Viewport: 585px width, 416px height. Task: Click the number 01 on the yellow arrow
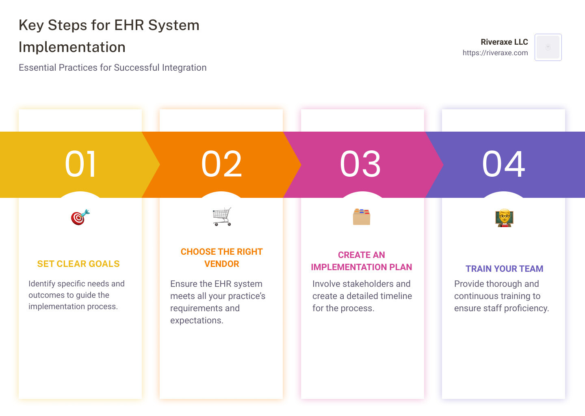pos(80,164)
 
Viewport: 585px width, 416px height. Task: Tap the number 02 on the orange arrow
pos(221,164)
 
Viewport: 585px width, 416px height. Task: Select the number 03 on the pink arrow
pos(360,164)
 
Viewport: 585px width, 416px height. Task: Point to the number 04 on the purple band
pos(503,164)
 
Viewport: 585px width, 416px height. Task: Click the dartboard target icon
pos(80,217)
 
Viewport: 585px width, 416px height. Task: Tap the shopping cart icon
pos(222,217)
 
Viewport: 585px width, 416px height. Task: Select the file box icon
pos(362,217)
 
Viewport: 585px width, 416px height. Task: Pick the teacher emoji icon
pos(504,217)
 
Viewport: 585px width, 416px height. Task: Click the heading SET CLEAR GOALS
pos(78,264)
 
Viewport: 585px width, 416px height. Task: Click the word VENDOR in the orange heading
pos(222,264)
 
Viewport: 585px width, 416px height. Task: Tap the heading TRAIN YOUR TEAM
pos(504,269)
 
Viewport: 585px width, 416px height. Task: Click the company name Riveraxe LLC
pos(504,42)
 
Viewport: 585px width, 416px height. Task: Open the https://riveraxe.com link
pos(495,53)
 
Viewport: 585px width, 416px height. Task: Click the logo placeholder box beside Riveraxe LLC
pos(548,47)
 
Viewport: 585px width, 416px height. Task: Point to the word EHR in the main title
pos(129,25)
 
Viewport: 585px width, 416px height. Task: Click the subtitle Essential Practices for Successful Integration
pos(113,67)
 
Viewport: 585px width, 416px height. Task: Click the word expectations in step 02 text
pos(197,321)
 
